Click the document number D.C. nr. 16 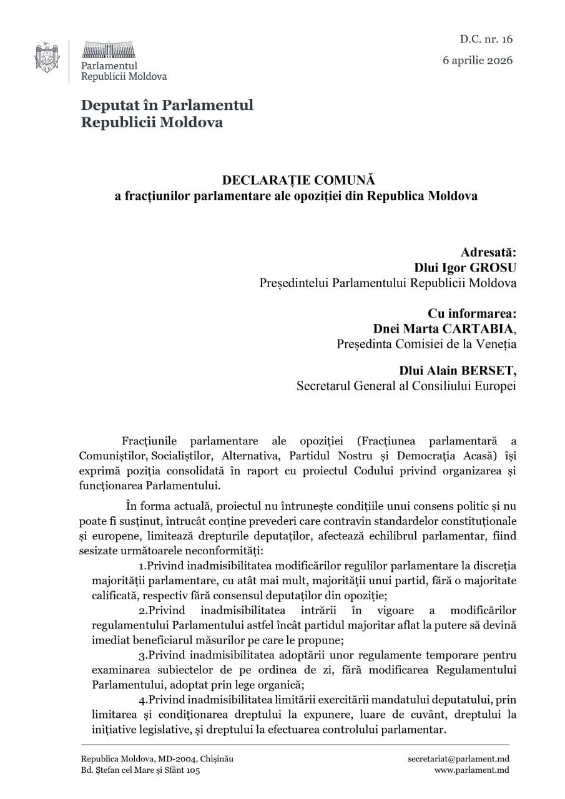click(486, 39)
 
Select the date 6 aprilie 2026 click(478, 61)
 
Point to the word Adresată click(488, 253)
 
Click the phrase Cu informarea click(472, 313)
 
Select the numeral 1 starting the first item click(141, 566)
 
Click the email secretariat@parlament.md click(458, 758)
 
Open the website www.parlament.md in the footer click(471, 770)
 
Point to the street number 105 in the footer click(193, 770)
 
